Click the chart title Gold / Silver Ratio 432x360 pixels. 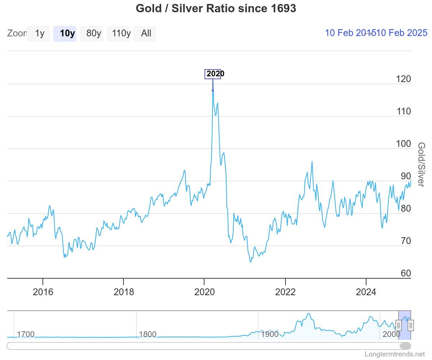[216, 8]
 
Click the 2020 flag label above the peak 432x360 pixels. [213, 74]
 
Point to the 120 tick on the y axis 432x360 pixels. [403, 79]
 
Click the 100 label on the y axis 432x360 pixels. [403, 144]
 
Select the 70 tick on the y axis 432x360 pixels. [406, 241]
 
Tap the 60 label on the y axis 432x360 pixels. [406, 273]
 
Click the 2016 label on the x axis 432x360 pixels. [43, 292]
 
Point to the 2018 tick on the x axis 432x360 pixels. [123, 292]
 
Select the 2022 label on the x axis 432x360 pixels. [285, 292]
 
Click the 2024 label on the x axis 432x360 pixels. [366, 292]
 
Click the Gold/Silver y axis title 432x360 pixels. [421, 165]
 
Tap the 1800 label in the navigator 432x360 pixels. [148, 334]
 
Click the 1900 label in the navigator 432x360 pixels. [270, 334]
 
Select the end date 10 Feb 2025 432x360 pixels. [402, 33]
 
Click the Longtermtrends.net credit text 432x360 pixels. [395, 354]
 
